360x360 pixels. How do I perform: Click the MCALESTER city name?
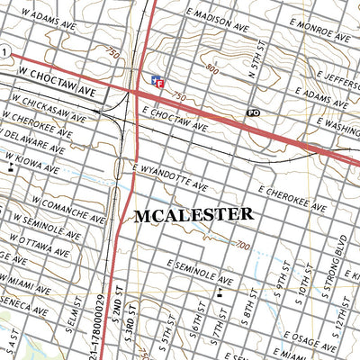pyautogui.click(x=193, y=216)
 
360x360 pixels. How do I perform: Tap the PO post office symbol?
pyautogui.click(x=254, y=112)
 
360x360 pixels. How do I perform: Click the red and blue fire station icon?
pyautogui.click(x=158, y=81)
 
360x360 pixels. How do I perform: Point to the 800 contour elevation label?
pyautogui.click(x=211, y=69)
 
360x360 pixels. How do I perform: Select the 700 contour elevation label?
pyautogui.click(x=241, y=245)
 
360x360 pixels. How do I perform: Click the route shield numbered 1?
pyautogui.click(x=4, y=53)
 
